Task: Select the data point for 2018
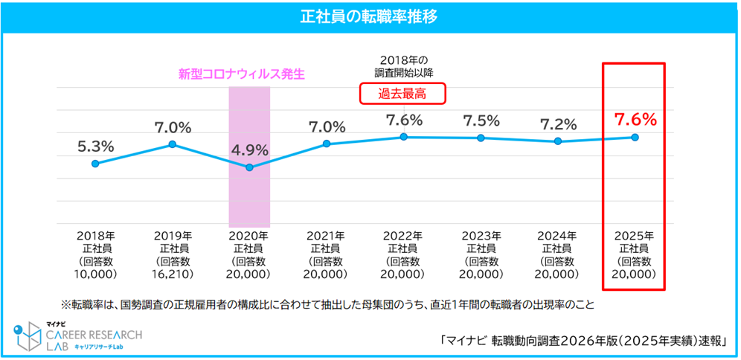(x=95, y=164)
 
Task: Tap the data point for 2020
(x=249, y=167)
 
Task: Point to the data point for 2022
(x=404, y=137)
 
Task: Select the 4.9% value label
(x=250, y=150)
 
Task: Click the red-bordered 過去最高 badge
(x=404, y=93)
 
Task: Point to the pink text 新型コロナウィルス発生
(x=242, y=74)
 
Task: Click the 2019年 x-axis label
(x=173, y=234)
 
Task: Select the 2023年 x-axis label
(x=481, y=234)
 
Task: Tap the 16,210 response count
(x=173, y=274)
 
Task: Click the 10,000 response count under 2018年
(x=95, y=274)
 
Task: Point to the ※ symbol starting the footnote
(x=66, y=305)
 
